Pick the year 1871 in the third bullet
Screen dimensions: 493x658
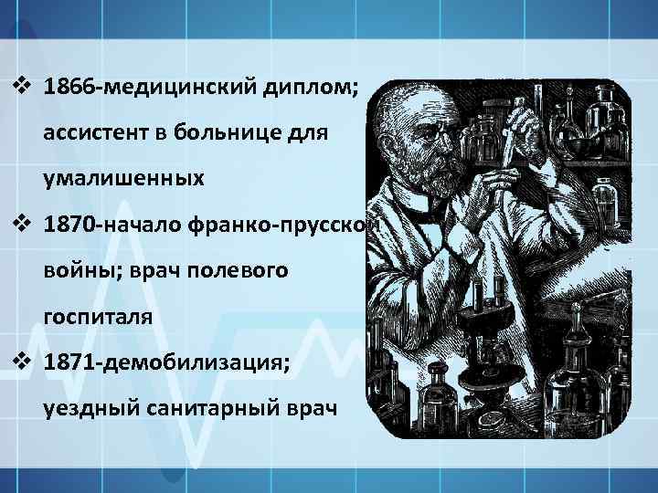click(x=74, y=363)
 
